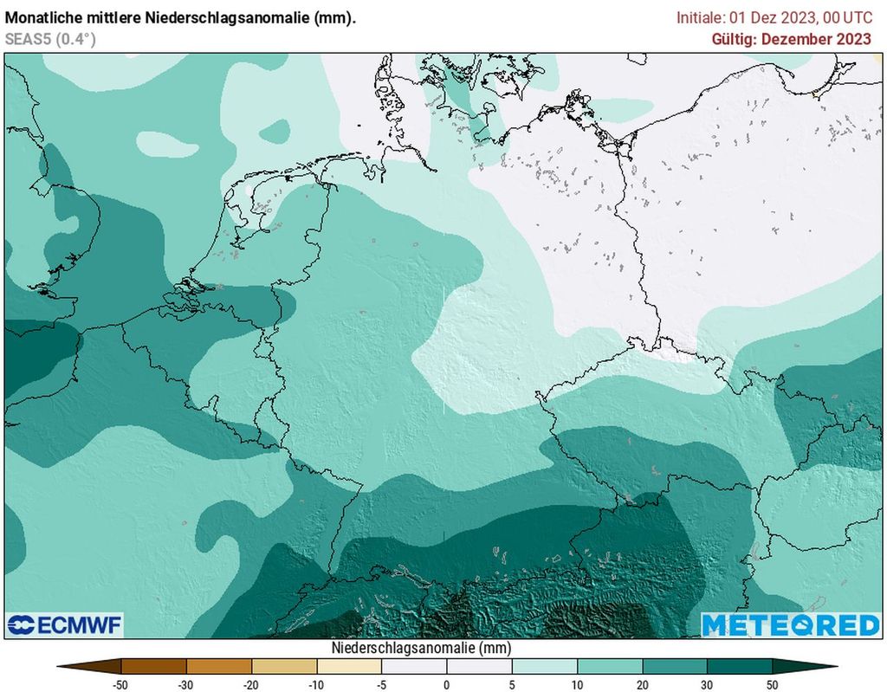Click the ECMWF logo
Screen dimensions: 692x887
pyautogui.click(x=65, y=624)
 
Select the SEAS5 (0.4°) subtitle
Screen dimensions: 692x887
pyautogui.click(x=50, y=39)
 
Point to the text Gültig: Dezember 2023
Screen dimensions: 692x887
pyautogui.click(x=791, y=39)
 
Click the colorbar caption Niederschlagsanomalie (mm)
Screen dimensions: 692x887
pyautogui.click(x=421, y=647)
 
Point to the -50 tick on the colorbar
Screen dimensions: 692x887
pyautogui.click(x=120, y=684)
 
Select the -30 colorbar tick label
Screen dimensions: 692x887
pyautogui.click(x=185, y=684)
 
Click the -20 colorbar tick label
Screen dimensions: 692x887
pyautogui.click(x=251, y=684)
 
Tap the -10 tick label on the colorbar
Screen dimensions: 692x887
pyautogui.click(x=316, y=684)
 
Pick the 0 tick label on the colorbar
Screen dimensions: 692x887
pyautogui.click(x=447, y=684)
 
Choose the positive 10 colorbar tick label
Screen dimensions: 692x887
pyautogui.click(x=578, y=684)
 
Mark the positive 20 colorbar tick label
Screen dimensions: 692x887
pyautogui.click(x=643, y=684)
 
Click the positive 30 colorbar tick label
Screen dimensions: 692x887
pyautogui.click(x=708, y=684)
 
